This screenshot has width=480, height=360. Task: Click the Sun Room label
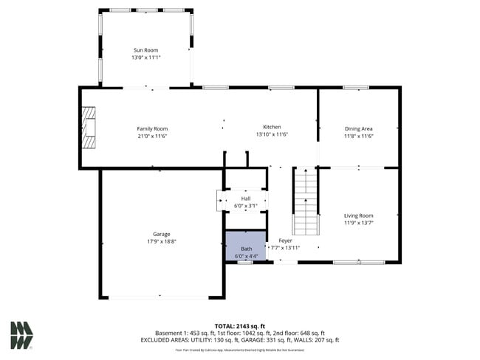pos(145,50)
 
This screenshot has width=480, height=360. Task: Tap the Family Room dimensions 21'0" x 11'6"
pos(152,136)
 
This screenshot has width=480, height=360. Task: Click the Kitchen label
pos(272,127)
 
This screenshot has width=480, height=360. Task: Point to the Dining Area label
pos(359,129)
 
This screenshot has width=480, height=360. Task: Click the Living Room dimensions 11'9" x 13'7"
pos(359,224)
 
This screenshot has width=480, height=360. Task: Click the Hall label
pos(245,198)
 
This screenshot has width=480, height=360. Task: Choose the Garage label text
pos(161,234)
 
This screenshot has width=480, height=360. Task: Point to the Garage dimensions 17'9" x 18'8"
pos(161,241)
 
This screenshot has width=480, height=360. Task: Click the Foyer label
pos(285,240)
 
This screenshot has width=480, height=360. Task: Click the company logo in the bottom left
pos(21,336)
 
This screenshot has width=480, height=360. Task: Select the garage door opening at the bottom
pos(160,297)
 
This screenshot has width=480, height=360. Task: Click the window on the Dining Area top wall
pos(355,88)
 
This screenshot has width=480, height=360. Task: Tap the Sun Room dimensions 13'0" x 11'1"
pos(145,58)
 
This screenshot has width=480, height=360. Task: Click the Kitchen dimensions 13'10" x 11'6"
pos(272,135)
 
